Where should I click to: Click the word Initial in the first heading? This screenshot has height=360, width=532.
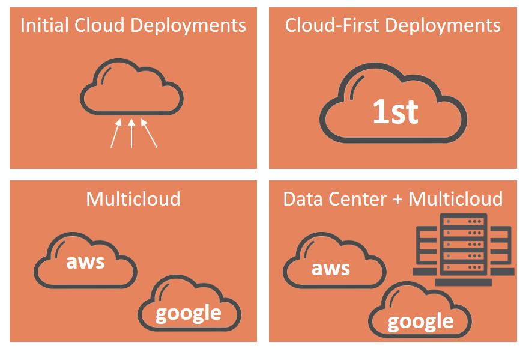42,25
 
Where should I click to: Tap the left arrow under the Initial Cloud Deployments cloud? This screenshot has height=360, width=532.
115,133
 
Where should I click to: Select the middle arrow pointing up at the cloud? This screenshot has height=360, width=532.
131,133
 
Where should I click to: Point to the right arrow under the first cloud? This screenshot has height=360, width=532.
150,133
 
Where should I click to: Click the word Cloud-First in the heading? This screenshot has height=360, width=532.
333,25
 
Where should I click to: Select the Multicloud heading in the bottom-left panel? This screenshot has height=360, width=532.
133,198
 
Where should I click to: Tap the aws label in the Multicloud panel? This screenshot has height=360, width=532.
85,261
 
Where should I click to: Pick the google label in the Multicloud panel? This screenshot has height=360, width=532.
188,313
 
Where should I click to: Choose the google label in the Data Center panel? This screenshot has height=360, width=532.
420,321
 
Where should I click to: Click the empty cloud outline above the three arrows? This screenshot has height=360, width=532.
131,88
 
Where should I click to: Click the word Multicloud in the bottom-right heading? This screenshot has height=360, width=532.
455,198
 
